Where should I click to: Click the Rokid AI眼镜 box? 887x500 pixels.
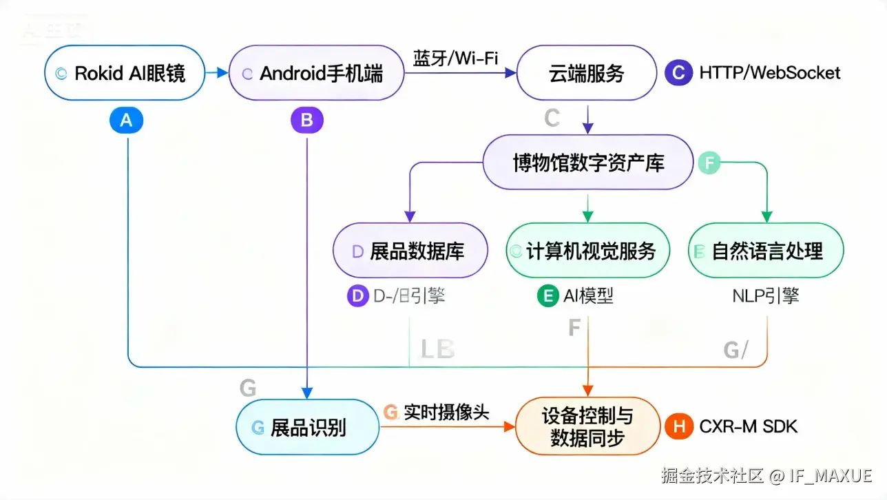point(125,73)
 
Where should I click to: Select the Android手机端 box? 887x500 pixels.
point(315,73)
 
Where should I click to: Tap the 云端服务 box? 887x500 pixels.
point(586,73)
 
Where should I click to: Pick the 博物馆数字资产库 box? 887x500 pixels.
point(587,163)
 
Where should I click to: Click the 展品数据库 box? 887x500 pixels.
point(410,250)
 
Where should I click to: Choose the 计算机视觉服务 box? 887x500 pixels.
point(588,250)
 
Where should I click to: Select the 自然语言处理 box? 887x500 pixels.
point(766,250)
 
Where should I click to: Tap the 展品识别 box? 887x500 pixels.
point(307,427)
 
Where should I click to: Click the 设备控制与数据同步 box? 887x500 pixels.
point(587,426)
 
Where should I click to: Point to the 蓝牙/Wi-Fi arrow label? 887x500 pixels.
point(455,57)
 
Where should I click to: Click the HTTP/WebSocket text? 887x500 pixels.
point(770,72)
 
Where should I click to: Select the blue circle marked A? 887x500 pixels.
point(126,121)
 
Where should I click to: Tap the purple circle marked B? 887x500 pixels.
point(306,121)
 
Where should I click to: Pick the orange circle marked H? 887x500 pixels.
point(678,426)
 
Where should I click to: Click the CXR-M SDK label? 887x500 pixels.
point(748,426)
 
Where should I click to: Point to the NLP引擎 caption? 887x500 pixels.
point(766,296)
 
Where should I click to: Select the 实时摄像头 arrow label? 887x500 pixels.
point(446,412)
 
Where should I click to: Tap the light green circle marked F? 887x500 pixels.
point(709,163)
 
